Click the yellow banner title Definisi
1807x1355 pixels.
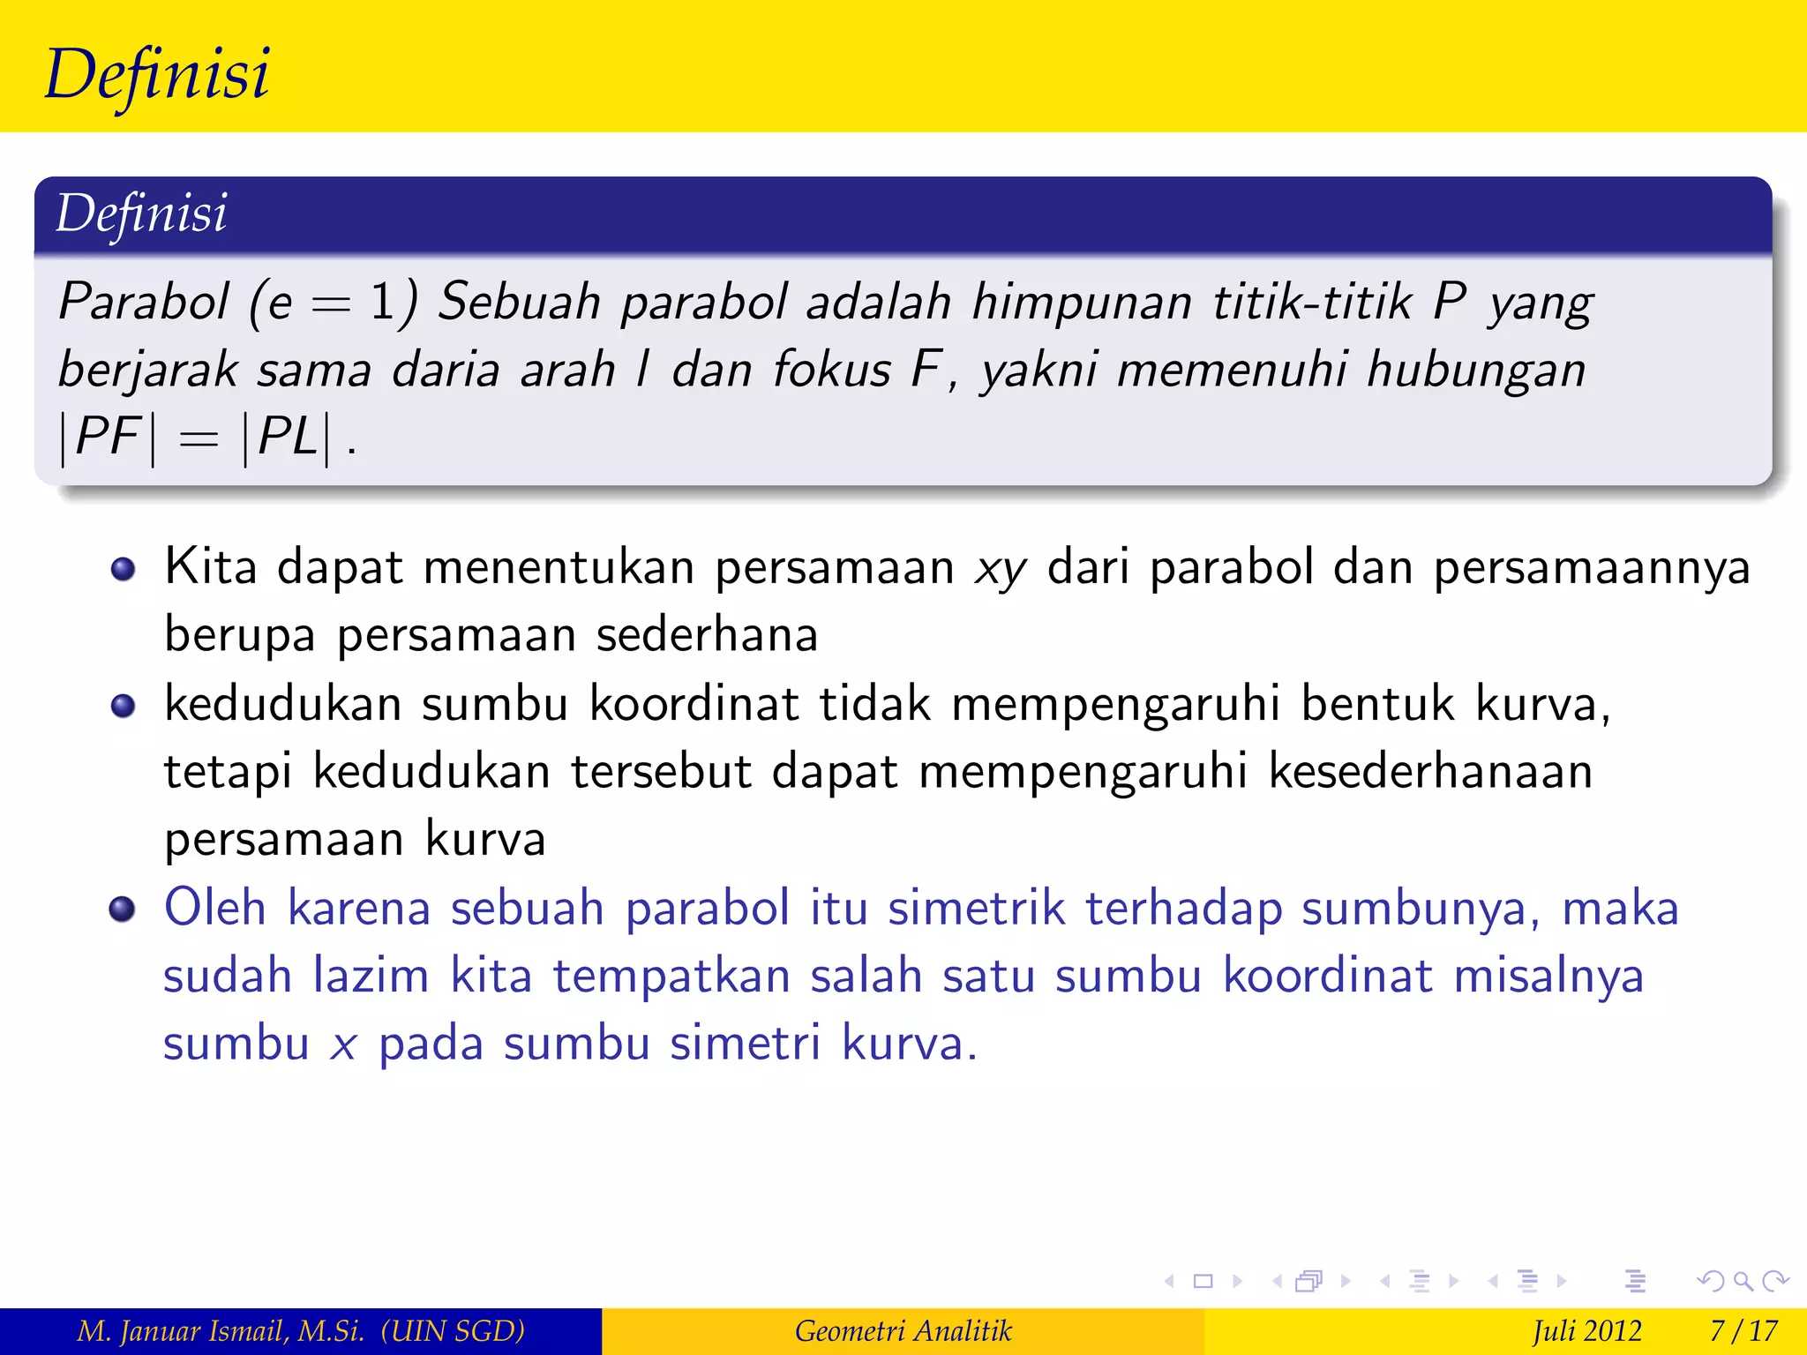pos(157,74)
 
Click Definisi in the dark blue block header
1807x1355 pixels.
pos(141,213)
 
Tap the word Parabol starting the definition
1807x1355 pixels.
pos(144,302)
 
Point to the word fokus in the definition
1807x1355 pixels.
pos(832,369)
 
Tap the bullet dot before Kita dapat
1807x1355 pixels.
pos(124,569)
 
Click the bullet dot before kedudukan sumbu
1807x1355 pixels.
pos(124,706)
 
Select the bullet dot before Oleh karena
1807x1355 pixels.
pos(123,909)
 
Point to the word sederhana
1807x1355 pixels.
pos(707,635)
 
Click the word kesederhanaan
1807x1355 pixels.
pos(1430,772)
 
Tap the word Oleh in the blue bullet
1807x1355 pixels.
pos(215,909)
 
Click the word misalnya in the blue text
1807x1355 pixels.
pos(1548,977)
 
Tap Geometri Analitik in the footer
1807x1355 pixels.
pos(903,1331)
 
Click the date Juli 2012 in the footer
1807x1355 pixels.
pos(1586,1331)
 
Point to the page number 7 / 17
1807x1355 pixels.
pos(1743,1331)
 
